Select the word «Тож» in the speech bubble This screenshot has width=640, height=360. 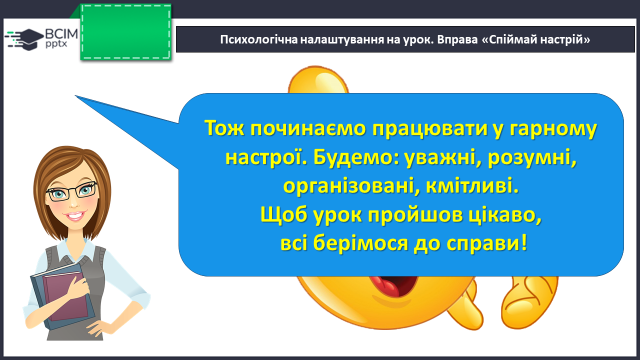(224, 128)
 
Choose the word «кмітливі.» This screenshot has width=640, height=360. (472, 186)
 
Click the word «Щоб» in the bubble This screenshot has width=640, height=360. (284, 215)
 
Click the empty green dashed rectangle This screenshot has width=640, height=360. (126, 32)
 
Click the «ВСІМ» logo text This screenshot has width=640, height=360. (61, 34)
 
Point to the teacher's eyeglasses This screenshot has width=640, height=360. (72, 192)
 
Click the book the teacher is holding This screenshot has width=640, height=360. (62, 296)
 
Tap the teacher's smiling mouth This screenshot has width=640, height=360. (74, 216)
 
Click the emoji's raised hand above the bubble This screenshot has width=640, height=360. (318, 80)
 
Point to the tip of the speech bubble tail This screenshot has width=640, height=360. (76, 96)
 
